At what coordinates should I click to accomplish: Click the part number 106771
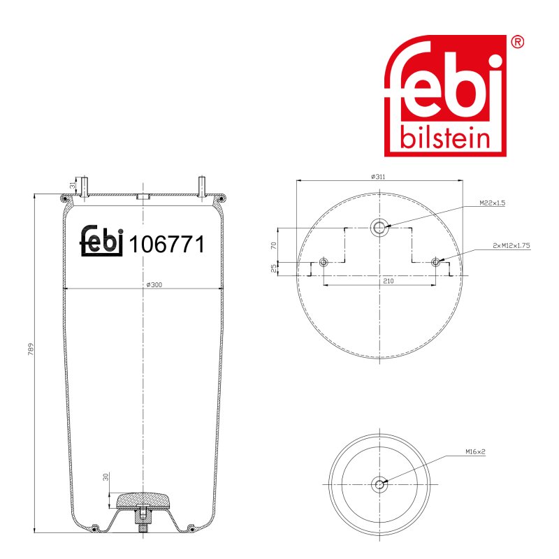(x=167, y=244)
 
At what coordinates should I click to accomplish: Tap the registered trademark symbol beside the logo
(x=517, y=42)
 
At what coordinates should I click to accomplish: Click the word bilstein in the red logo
(x=445, y=137)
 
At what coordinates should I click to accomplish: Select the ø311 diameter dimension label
(x=378, y=177)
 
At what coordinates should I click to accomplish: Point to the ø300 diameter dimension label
(x=154, y=284)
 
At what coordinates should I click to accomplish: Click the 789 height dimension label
(x=31, y=349)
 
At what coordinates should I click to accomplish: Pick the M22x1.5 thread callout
(x=492, y=203)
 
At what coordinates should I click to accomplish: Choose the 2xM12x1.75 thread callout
(x=511, y=245)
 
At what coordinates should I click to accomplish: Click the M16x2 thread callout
(x=475, y=451)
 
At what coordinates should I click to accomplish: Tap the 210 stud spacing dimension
(x=389, y=281)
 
